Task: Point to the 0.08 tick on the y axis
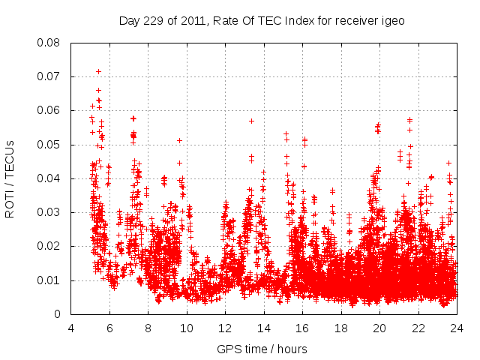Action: pyautogui.click(x=51, y=43)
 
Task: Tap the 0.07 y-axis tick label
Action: pyautogui.click(x=51, y=76)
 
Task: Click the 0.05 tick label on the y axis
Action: pyautogui.click(x=51, y=145)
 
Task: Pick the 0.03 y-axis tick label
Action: pyautogui.click(x=51, y=212)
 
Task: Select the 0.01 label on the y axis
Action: pyautogui.click(x=51, y=280)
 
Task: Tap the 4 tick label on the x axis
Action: pyautogui.click(x=71, y=328)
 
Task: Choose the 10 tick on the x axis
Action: pyautogui.click(x=187, y=328)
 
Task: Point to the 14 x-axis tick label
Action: pyautogui.click(x=264, y=328)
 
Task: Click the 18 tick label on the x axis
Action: pyautogui.click(x=341, y=328)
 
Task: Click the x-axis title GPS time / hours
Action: pyautogui.click(x=262, y=349)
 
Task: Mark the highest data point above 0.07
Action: pyautogui.click(x=98, y=71)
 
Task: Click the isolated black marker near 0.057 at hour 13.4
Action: pyautogui.click(x=251, y=121)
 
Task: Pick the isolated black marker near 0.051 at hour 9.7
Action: pyautogui.click(x=179, y=140)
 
